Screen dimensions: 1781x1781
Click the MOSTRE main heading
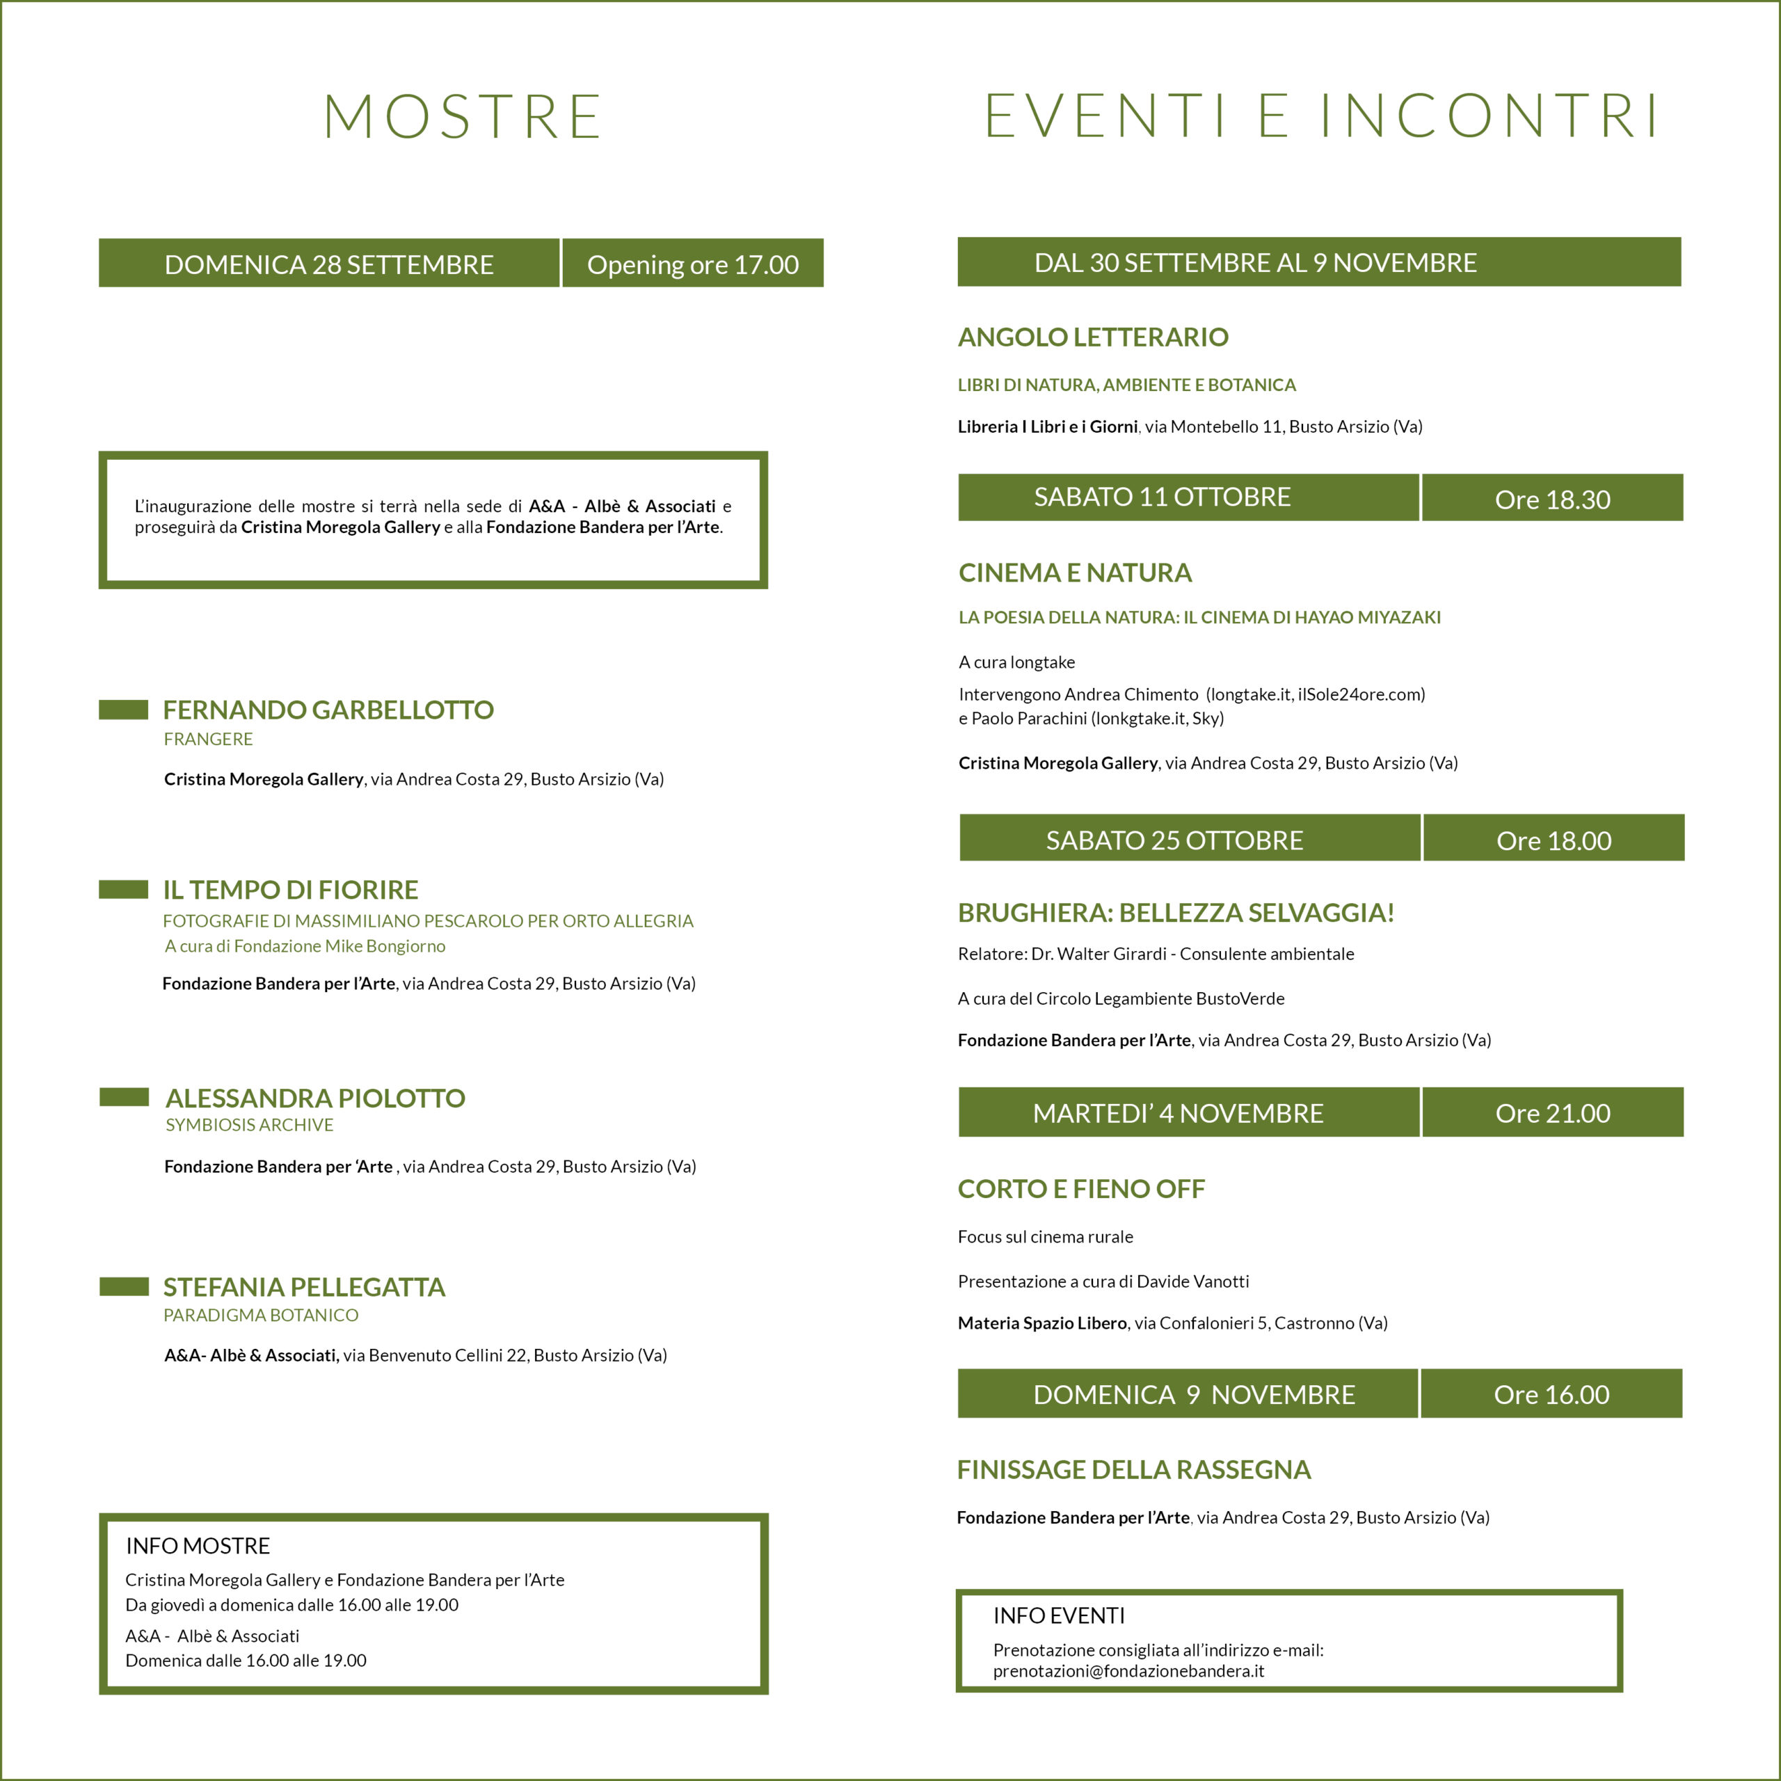tap(463, 117)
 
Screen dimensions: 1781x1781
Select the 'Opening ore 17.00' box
tap(692, 264)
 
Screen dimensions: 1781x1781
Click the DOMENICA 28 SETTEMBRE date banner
tap(329, 264)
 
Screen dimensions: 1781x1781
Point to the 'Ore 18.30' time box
tap(1552, 499)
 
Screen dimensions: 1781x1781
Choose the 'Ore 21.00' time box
tap(1552, 1112)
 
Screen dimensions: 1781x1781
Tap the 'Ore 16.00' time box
tap(1551, 1393)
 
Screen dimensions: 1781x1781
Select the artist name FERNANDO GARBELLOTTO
tap(328, 710)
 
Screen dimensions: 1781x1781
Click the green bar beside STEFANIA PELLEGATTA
tap(124, 1287)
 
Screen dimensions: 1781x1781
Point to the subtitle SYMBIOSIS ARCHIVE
tap(249, 1125)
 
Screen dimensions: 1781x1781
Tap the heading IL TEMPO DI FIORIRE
tap(290, 890)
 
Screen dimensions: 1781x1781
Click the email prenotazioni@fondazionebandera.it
tap(1128, 1670)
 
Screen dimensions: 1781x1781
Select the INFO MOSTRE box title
tap(198, 1546)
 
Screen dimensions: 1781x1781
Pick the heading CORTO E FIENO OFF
tap(1081, 1188)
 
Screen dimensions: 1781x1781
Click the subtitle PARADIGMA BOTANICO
tap(261, 1316)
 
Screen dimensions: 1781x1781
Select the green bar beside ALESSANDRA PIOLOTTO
tap(124, 1097)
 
